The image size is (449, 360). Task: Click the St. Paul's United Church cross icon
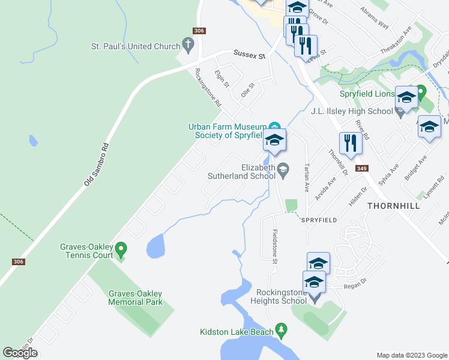(x=188, y=46)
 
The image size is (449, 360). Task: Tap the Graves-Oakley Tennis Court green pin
(x=121, y=248)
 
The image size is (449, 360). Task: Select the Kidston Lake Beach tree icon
(x=280, y=330)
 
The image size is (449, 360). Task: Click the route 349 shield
(x=360, y=169)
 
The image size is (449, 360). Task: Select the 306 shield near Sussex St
(x=200, y=31)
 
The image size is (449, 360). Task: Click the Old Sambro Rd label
(x=96, y=163)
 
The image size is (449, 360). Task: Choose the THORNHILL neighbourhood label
(x=394, y=205)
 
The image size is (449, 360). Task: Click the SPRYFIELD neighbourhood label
(x=319, y=220)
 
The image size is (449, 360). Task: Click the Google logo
(x=20, y=352)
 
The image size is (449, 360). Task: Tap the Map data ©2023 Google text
(x=412, y=355)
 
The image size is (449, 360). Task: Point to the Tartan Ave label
(x=307, y=178)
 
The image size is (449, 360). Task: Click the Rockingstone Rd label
(x=208, y=88)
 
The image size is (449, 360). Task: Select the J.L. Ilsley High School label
(x=352, y=111)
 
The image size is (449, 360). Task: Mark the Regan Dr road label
(x=351, y=286)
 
